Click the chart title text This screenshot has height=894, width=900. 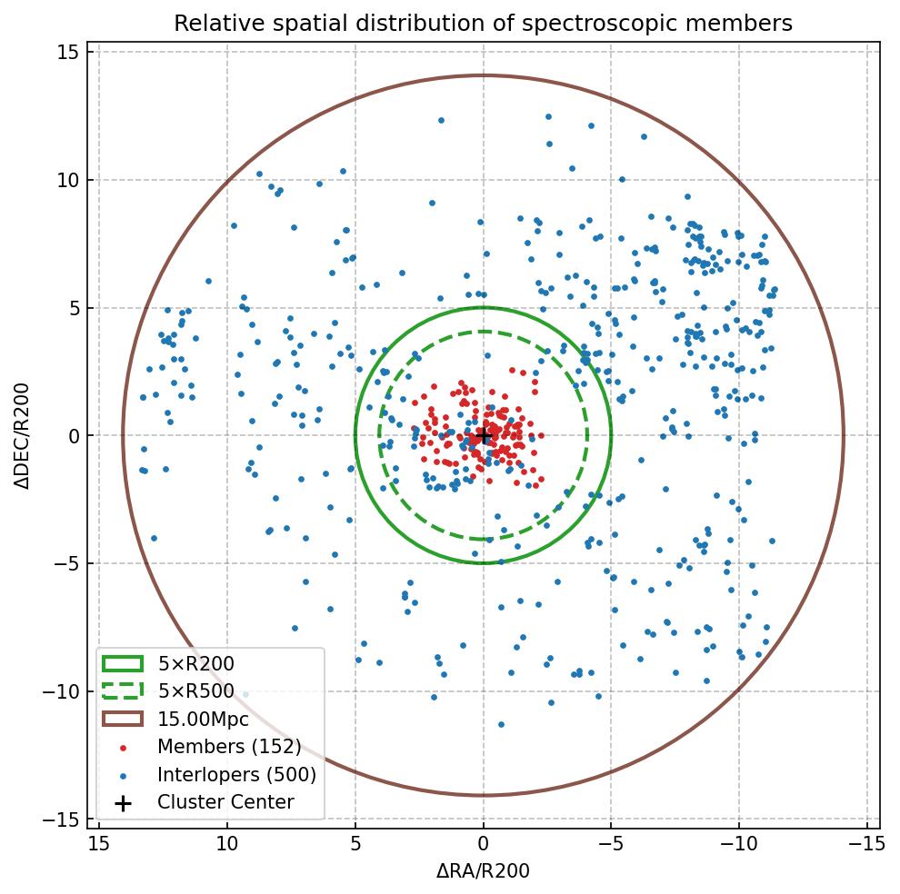pyautogui.click(x=483, y=23)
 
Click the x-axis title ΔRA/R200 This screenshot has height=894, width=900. pyautogui.click(x=483, y=871)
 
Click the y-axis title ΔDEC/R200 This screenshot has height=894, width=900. pyautogui.click(x=22, y=436)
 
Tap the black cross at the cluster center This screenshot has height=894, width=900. pyautogui.click(x=484, y=436)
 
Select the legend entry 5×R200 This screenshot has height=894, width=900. pyautogui.click(x=195, y=664)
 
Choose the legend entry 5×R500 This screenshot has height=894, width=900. pyautogui.click(x=195, y=691)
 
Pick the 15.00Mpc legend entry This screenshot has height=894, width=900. pyautogui.click(x=203, y=720)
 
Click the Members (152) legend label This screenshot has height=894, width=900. pyautogui.click(x=229, y=747)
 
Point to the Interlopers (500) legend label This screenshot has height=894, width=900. pyautogui.click(x=236, y=775)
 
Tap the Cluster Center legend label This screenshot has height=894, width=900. pyautogui.click(x=225, y=802)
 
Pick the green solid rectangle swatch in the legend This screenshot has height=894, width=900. pyautogui.click(x=123, y=664)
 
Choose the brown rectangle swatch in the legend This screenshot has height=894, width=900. pyautogui.click(x=123, y=720)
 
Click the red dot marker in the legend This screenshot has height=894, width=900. pyautogui.click(x=123, y=748)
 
